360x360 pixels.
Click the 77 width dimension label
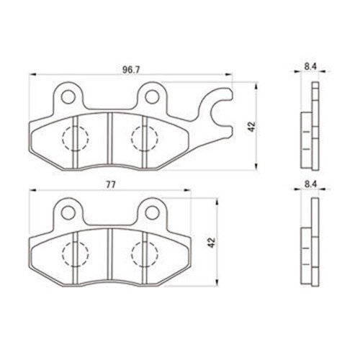pyautogui.click(x=111, y=184)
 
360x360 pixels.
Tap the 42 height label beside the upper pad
pyautogui.click(x=252, y=127)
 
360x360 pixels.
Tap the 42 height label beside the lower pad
pyautogui.click(x=212, y=243)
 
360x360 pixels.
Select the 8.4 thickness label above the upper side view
pyautogui.click(x=310, y=67)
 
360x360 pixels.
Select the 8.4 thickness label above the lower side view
pyautogui.click(x=310, y=184)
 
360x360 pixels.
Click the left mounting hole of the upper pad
pyautogui.click(x=68, y=96)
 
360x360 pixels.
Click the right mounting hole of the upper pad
pyautogui.click(x=152, y=96)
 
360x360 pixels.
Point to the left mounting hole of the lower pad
pyautogui.click(x=68, y=212)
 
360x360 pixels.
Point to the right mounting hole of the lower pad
pyautogui.click(x=152, y=212)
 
